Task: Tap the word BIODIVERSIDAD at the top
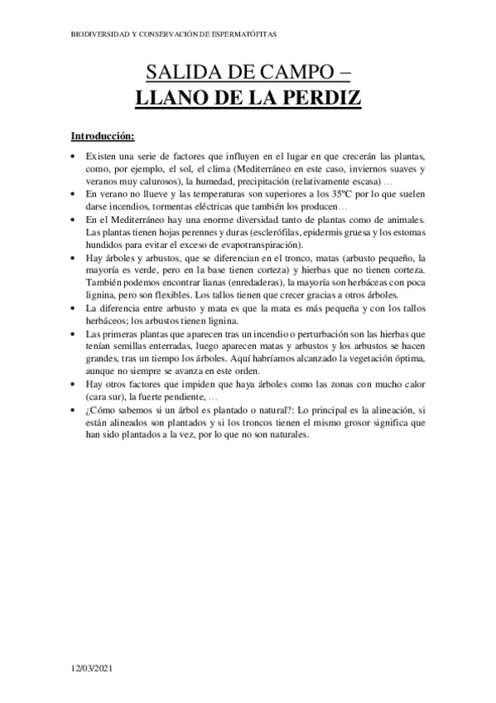[96, 35]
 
